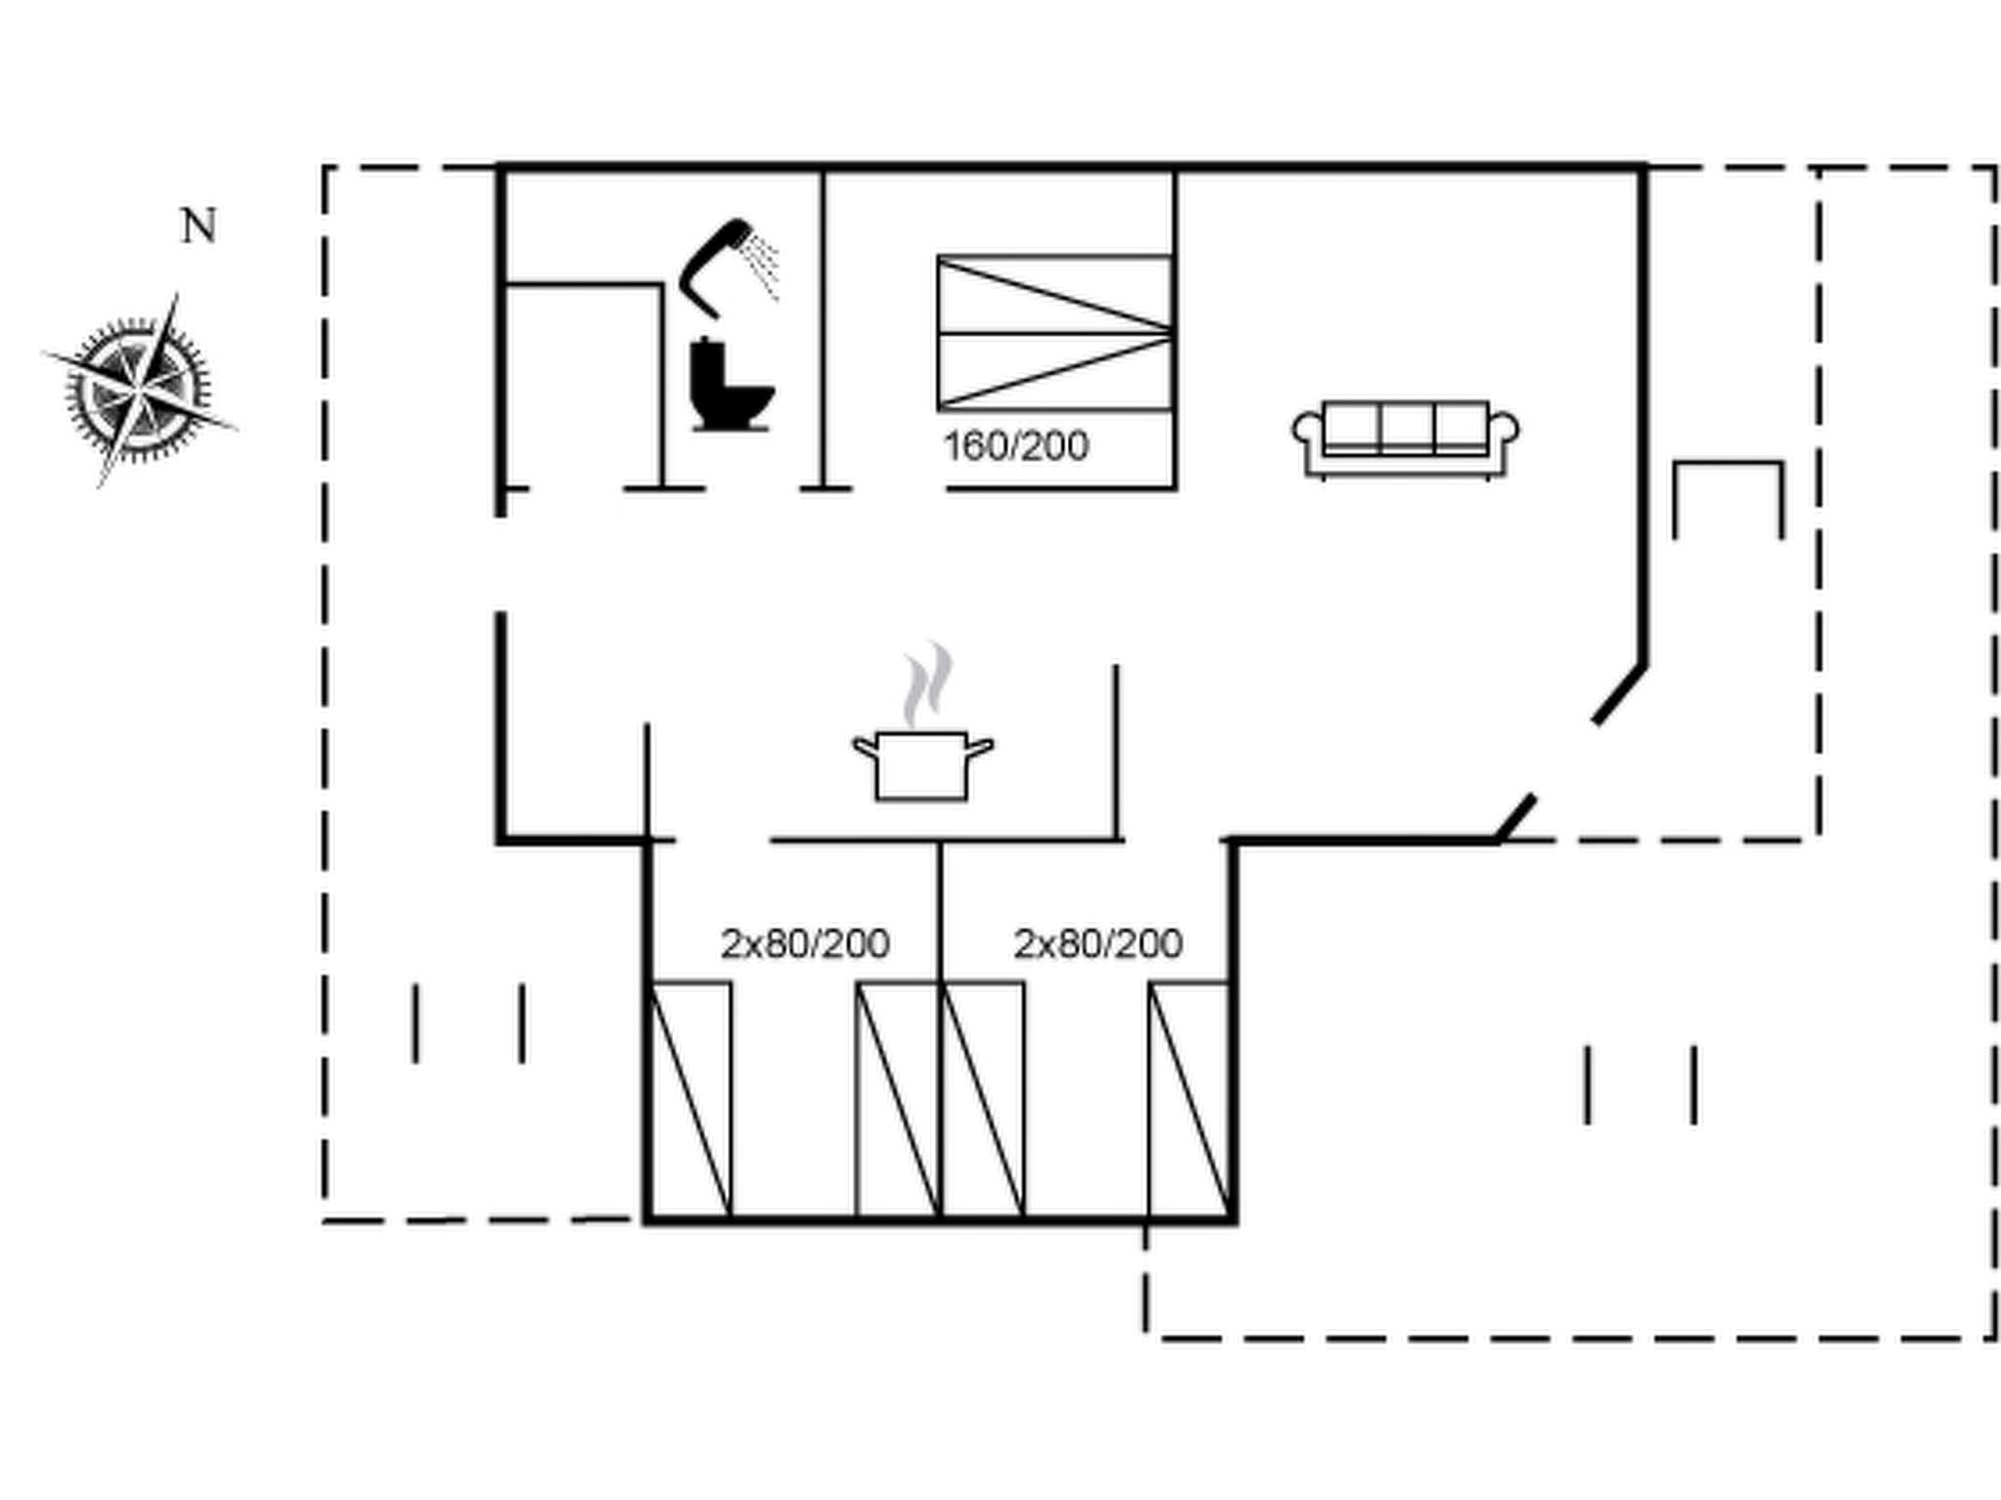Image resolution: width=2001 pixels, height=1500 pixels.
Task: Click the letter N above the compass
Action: click(199, 227)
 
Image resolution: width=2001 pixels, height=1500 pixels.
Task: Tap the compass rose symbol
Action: click(139, 391)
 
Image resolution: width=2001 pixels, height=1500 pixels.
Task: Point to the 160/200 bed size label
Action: click(1016, 446)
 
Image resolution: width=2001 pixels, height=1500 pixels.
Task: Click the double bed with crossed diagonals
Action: click(1054, 333)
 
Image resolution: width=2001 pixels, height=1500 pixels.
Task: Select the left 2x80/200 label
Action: click(805, 943)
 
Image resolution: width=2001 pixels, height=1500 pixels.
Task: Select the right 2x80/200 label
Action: click(1098, 943)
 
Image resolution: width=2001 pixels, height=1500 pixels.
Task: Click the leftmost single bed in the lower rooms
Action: click(690, 1100)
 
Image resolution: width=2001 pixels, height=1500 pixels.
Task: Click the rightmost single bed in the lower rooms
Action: click(1189, 1100)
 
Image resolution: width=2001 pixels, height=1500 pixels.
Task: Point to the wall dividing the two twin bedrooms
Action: click(940, 1025)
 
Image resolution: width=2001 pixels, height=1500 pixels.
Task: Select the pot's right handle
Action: click(979, 748)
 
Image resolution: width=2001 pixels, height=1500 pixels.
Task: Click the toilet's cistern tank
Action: click(705, 354)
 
